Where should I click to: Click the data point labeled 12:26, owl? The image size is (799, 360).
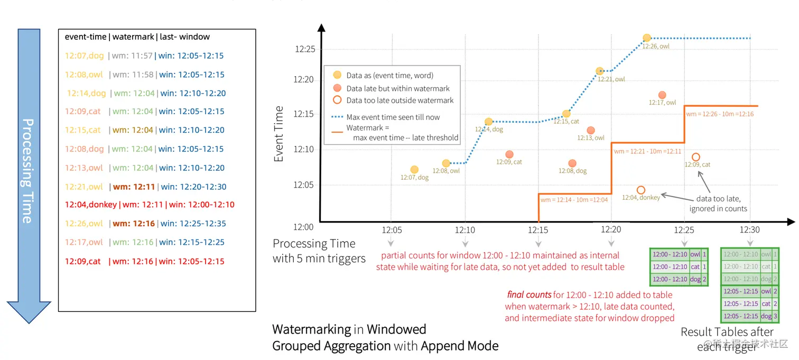point(647,38)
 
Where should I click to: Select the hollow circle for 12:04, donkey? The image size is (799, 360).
point(641,190)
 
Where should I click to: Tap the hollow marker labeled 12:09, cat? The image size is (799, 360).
point(696,157)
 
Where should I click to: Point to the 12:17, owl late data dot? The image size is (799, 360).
point(662,95)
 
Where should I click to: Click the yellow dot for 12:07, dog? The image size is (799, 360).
point(414,170)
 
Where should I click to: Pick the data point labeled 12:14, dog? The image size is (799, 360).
point(489,122)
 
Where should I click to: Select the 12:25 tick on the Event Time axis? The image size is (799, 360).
point(304,49)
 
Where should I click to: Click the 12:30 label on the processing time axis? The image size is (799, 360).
point(749,230)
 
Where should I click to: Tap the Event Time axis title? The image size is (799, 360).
point(279,134)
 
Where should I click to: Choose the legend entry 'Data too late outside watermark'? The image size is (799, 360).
point(400,100)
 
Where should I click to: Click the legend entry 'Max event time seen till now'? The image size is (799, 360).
point(393,117)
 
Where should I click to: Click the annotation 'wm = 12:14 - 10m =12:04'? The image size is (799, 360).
point(574,200)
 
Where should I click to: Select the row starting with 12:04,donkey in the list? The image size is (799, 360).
point(150,205)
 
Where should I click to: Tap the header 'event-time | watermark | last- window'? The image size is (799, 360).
point(137,37)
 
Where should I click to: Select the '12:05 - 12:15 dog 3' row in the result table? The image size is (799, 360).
point(750,316)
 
